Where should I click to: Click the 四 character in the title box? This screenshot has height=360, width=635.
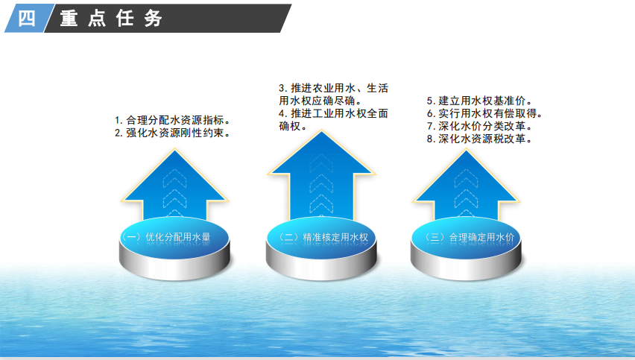pos(25,19)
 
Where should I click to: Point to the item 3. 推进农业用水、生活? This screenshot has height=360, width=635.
pos(333,87)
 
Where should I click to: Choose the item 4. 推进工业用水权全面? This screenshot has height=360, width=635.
pos(333,113)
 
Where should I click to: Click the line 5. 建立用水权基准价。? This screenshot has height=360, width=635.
pos(478,101)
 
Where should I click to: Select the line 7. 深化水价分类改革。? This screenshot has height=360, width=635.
pos(478,126)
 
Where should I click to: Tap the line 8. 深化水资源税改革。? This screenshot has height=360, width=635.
pos(478,139)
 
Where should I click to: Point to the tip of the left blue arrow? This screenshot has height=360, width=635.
pos(174,150)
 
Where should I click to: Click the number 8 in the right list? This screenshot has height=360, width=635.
pos(430,139)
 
